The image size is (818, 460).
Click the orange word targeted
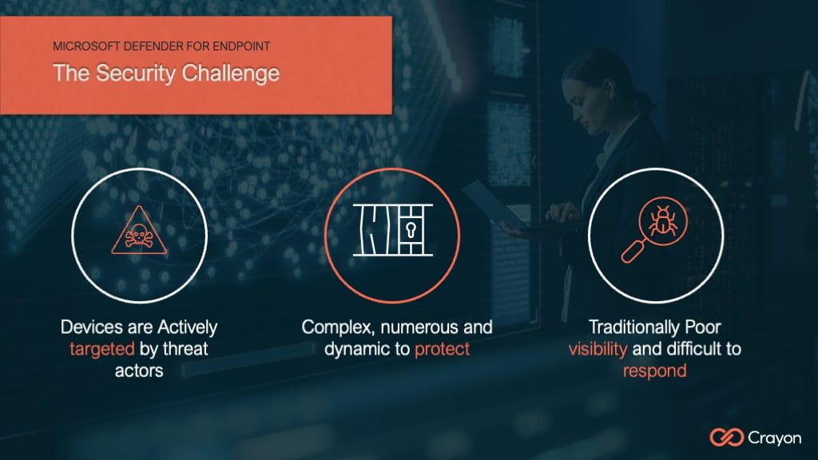[x=102, y=348]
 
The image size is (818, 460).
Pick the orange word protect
[x=442, y=349]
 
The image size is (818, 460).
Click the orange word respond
[x=655, y=371]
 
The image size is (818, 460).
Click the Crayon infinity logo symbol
[x=726, y=437]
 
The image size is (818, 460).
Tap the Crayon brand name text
[x=775, y=437]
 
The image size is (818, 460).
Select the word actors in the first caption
[x=139, y=371]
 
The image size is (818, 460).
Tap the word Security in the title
[x=139, y=73]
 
